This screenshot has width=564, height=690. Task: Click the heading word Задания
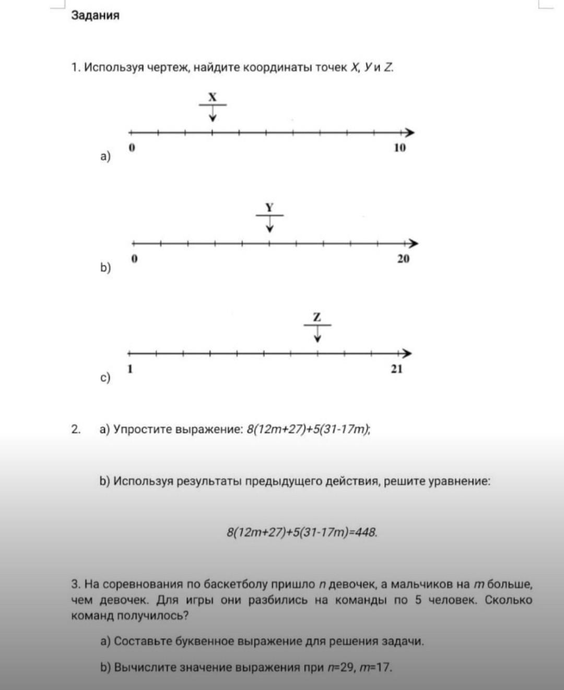[95, 16]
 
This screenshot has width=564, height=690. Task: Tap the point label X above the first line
[212, 97]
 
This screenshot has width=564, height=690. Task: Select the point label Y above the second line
[269, 207]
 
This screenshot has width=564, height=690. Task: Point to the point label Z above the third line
[317, 317]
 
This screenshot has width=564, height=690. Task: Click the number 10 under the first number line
[399, 148]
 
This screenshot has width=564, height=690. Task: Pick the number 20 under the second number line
[403, 259]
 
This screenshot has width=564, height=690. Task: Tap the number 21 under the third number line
[397, 369]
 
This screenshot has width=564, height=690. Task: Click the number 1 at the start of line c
[131, 369]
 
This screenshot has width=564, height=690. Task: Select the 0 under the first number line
[132, 148]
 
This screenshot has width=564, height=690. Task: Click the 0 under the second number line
[135, 259]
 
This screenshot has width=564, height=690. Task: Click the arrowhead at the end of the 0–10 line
[410, 132]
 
